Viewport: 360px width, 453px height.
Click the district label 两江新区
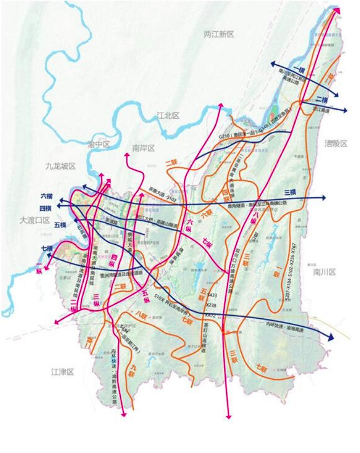pos(219,34)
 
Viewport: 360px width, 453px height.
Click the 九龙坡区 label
pos(60,165)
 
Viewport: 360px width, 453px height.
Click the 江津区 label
pos(62,372)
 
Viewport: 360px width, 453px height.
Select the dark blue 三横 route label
pos(290,192)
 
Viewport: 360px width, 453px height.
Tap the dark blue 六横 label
pos(47,196)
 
